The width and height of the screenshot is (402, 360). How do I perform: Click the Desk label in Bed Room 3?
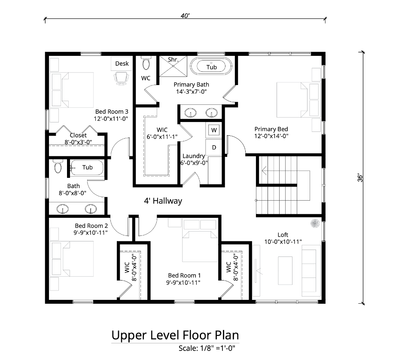point(122,64)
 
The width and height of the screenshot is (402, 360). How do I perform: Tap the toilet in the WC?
point(146,63)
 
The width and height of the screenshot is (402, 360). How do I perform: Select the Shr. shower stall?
point(173,66)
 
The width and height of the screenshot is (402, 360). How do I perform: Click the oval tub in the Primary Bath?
point(211,66)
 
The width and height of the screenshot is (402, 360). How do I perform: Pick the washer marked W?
point(214,130)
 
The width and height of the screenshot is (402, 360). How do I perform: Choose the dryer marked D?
point(214,147)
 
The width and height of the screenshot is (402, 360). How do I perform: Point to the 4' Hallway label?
point(163,201)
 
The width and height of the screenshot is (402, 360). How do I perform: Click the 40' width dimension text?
point(185,16)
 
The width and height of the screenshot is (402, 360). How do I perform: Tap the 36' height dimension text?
point(360,178)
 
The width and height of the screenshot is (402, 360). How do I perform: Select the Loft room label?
point(283,235)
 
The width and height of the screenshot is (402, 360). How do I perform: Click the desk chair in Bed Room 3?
point(121,78)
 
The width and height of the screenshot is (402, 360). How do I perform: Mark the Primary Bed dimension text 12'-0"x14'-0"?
point(271,136)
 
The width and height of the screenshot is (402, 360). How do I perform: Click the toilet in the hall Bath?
point(58,166)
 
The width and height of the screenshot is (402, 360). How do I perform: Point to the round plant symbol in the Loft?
point(315,223)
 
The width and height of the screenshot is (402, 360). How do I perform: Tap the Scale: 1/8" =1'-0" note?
point(207,348)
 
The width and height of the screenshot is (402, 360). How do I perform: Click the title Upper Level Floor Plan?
point(175,335)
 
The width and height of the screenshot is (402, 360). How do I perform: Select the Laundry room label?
point(194,156)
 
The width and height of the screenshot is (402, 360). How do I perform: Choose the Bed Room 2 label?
point(91,226)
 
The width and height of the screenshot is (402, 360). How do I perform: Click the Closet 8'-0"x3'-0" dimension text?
point(78,142)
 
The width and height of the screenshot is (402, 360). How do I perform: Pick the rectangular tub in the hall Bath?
point(87,168)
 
